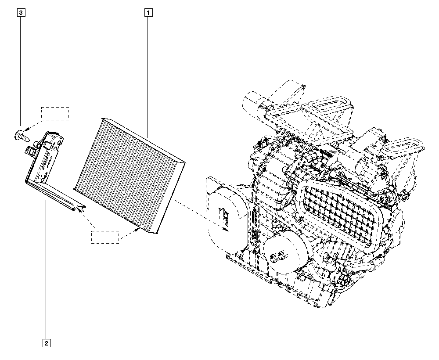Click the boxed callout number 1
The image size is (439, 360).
coord(148,13)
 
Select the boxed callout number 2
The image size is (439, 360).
coord(47,343)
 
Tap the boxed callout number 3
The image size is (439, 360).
coord(21,13)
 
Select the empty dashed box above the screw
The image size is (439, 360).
coord(55,114)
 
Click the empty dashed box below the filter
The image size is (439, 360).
coord(105,237)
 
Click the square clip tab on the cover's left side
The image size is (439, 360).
coord(29,151)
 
